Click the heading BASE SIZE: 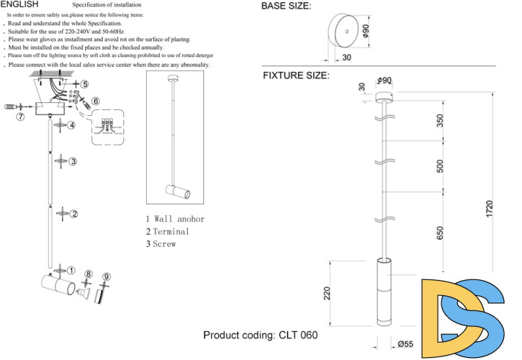coord(286,6)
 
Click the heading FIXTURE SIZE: coord(296,75)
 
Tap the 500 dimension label coord(441,166)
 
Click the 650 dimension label coord(441,233)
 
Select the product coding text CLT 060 coord(261,336)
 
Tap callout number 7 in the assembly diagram coord(20,116)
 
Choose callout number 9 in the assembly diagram coord(107,276)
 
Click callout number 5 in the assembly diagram coord(85,84)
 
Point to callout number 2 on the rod coord(73,214)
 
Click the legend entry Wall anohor coord(175,219)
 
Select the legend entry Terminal coord(168,231)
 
